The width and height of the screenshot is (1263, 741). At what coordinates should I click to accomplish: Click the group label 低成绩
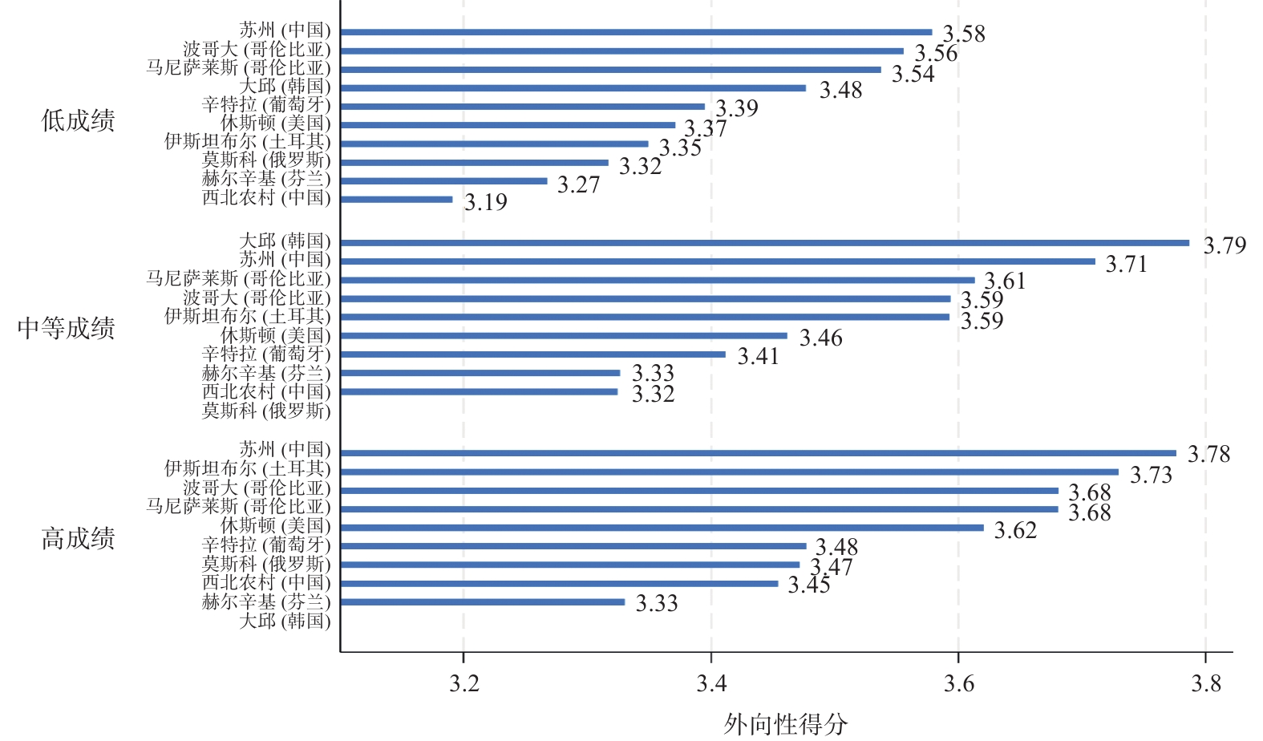click(x=78, y=121)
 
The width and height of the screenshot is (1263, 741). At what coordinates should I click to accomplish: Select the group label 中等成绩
click(x=66, y=328)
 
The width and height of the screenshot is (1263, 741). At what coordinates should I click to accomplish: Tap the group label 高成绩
click(x=78, y=538)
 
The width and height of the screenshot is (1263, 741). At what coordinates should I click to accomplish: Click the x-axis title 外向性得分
click(x=785, y=724)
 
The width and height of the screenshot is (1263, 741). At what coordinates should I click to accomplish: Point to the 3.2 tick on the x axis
click(x=464, y=683)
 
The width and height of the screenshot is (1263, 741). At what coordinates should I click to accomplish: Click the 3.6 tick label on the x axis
click(x=958, y=683)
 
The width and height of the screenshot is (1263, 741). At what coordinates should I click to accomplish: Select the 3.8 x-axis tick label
click(x=1205, y=683)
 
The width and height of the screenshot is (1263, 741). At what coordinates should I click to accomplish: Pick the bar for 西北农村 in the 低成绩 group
click(x=396, y=199)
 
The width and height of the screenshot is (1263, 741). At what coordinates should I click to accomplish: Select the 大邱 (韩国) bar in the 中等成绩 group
click(x=765, y=243)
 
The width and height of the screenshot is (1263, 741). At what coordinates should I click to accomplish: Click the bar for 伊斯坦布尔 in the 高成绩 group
click(x=729, y=472)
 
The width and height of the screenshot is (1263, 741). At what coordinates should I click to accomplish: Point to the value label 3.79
click(x=1225, y=245)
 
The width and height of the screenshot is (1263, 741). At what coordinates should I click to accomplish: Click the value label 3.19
click(x=486, y=202)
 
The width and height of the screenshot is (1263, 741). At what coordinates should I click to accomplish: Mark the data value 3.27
click(x=578, y=184)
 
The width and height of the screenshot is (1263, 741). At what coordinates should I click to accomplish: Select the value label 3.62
click(x=1015, y=530)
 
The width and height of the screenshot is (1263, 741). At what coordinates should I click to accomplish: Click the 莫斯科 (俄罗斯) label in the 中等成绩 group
click(x=265, y=411)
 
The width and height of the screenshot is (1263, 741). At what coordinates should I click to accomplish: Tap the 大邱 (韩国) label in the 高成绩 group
click(x=285, y=621)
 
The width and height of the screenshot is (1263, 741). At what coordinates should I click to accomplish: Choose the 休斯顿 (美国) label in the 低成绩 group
click(x=275, y=123)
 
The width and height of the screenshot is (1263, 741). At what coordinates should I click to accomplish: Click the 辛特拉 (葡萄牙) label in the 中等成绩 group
click(x=265, y=354)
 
